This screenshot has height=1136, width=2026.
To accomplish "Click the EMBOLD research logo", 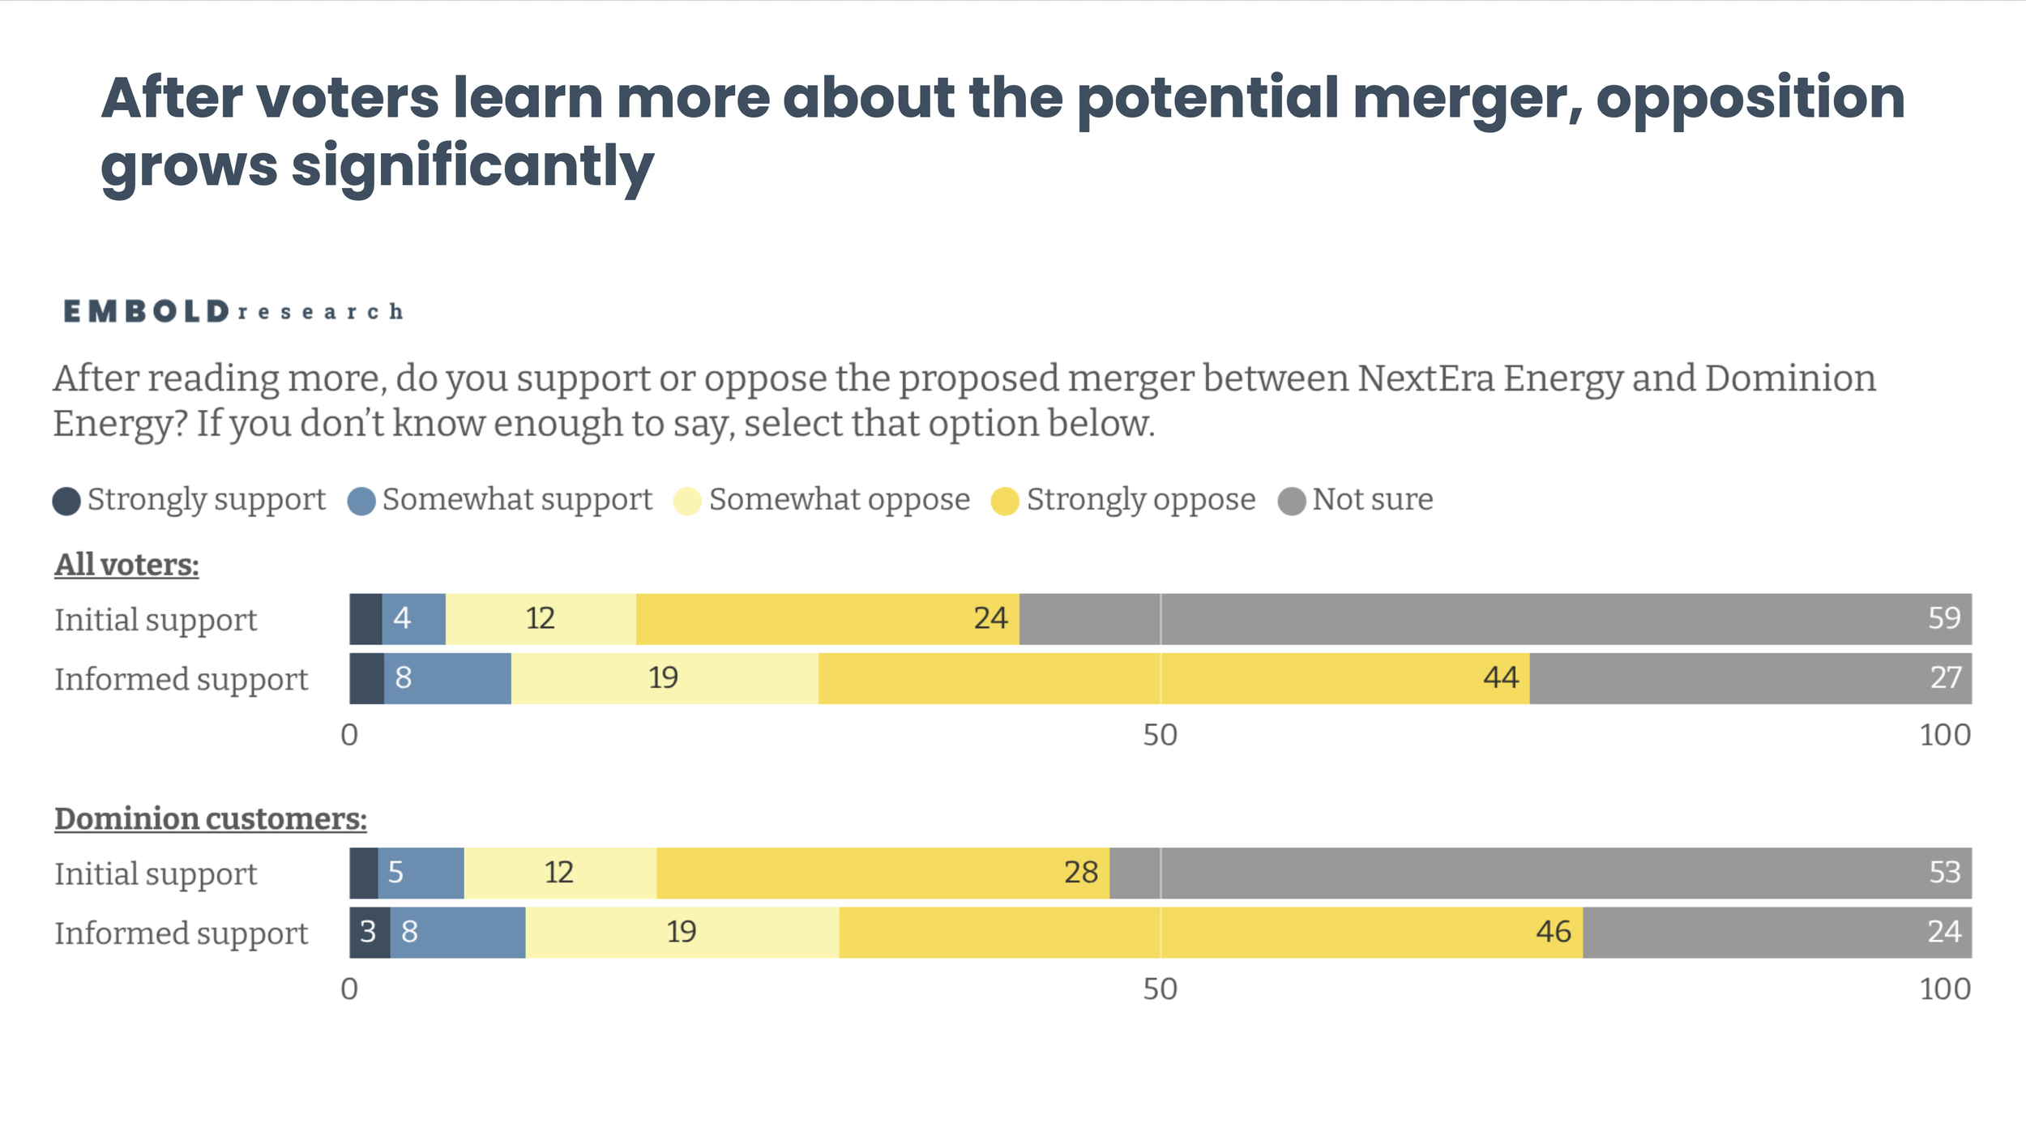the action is [233, 311].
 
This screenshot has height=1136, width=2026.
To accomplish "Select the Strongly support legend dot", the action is [66, 501].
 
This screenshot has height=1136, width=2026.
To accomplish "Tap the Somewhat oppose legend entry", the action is [822, 500].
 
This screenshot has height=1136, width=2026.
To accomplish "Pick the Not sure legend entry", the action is [1356, 500].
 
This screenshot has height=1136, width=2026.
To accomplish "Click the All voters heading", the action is [127, 565].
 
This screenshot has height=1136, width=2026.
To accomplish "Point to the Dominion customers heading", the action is [211, 819].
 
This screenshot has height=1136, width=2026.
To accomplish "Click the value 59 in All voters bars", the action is [1944, 618].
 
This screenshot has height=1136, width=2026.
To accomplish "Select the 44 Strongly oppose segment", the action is [1174, 678].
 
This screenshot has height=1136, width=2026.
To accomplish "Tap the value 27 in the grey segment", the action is [1945, 677].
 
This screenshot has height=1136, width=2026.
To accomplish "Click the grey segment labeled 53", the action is [1541, 873].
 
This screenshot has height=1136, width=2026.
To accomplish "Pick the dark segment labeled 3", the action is [370, 933].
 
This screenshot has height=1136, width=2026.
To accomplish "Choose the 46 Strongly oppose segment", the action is [1211, 933].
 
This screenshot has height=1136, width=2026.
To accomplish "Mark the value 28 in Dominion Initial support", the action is [1081, 873].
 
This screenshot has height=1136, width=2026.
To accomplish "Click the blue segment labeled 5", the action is [421, 873].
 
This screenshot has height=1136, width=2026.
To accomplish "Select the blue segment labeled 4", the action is [413, 619].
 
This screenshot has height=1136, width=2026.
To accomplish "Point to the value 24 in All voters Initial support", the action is [990, 618].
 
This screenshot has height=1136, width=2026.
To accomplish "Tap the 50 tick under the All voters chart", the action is [1160, 735].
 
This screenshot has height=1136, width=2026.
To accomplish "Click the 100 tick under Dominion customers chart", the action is [1945, 989].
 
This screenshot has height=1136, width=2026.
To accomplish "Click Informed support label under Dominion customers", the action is [182, 933].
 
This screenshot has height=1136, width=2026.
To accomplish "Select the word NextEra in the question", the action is [1426, 378].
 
